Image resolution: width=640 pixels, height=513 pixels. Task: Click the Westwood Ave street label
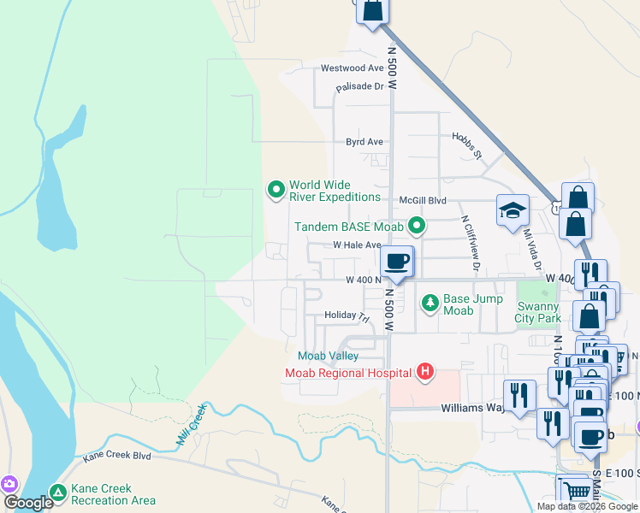[352, 68]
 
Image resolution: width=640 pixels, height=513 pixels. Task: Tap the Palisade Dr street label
[359, 86]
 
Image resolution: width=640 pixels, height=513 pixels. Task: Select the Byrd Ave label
[364, 142]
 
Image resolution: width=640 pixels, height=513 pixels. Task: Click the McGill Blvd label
[423, 199]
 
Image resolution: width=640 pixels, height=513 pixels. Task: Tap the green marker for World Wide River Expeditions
[276, 190]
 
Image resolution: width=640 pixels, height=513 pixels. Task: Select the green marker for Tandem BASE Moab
[417, 226]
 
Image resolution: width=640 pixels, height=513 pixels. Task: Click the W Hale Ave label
[357, 245]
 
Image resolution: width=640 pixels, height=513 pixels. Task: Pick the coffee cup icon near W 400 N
[395, 262]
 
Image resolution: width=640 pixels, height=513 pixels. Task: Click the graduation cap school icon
[512, 210]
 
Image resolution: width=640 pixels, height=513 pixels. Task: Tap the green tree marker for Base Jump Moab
[430, 303]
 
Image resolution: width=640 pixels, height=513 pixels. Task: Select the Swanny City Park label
[536, 312]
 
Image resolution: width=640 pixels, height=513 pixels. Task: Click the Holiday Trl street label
[346, 315]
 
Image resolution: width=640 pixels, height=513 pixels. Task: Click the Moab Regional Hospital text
[350, 372]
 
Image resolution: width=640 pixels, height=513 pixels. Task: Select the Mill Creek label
[193, 424]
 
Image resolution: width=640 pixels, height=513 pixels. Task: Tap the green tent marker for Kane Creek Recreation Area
[57, 493]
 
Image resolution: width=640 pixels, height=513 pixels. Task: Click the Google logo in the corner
[28, 503]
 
